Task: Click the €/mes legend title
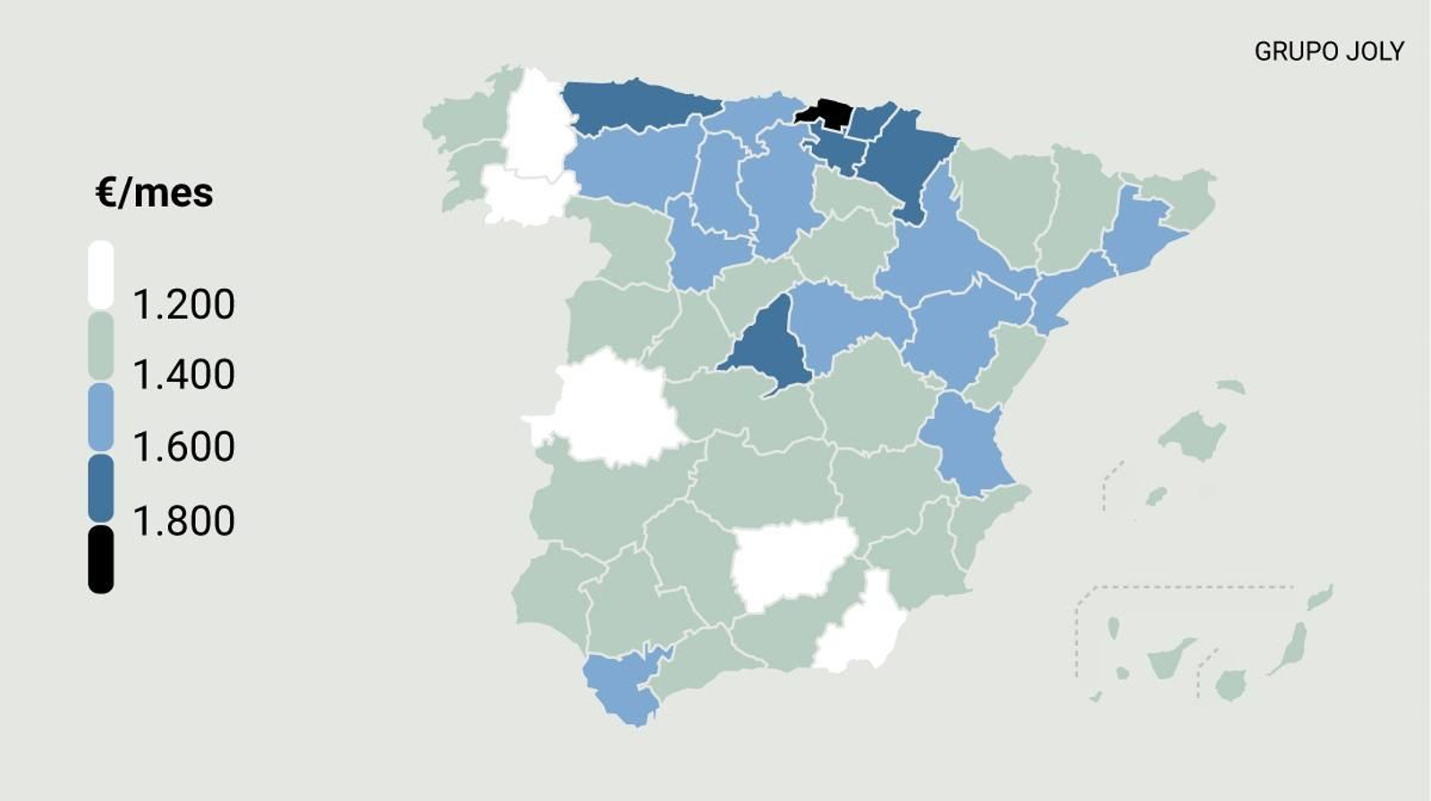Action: click(154, 192)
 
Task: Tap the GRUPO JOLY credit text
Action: click(1328, 52)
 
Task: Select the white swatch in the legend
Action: click(101, 274)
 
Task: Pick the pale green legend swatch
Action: click(101, 345)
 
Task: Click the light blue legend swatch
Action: click(101, 417)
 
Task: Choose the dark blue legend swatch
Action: click(101, 489)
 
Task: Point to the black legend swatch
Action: click(101, 559)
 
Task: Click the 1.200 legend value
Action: click(183, 305)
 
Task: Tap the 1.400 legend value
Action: click(183, 374)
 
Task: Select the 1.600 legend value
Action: click(183, 447)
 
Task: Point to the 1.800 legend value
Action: click(183, 521)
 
